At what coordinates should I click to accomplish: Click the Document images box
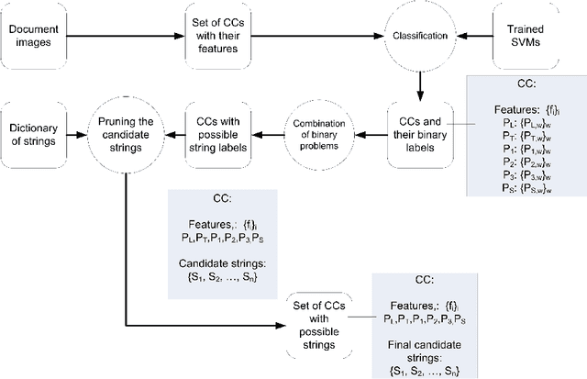(35, 37)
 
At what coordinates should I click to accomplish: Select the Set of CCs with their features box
(220, 37)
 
